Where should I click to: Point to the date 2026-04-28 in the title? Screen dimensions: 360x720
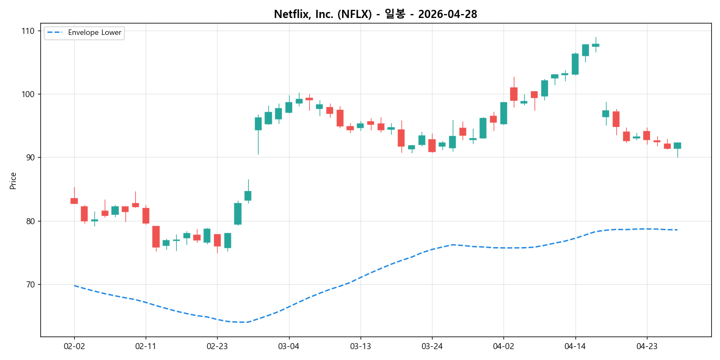(x=447, y=15)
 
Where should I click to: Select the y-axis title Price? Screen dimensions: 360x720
(x=13, y=180)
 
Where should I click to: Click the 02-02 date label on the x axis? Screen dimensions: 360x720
(x=74, y=345)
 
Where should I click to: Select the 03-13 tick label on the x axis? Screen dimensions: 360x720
(x=360, y=345)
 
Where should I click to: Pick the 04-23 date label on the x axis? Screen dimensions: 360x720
(x=646, y=345)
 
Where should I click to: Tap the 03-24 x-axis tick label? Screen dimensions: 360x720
(x=432, y=345)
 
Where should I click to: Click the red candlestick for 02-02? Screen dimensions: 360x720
(x=74, y=201)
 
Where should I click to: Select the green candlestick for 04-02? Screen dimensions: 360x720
(x=503, y=113)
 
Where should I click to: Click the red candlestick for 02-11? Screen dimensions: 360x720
(x=146, y=215)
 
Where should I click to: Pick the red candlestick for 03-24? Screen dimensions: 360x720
(x=432, y=146)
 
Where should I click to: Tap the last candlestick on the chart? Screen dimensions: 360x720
(x=677, y=146)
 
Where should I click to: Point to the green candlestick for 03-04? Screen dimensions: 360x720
(x=289, y=107)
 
